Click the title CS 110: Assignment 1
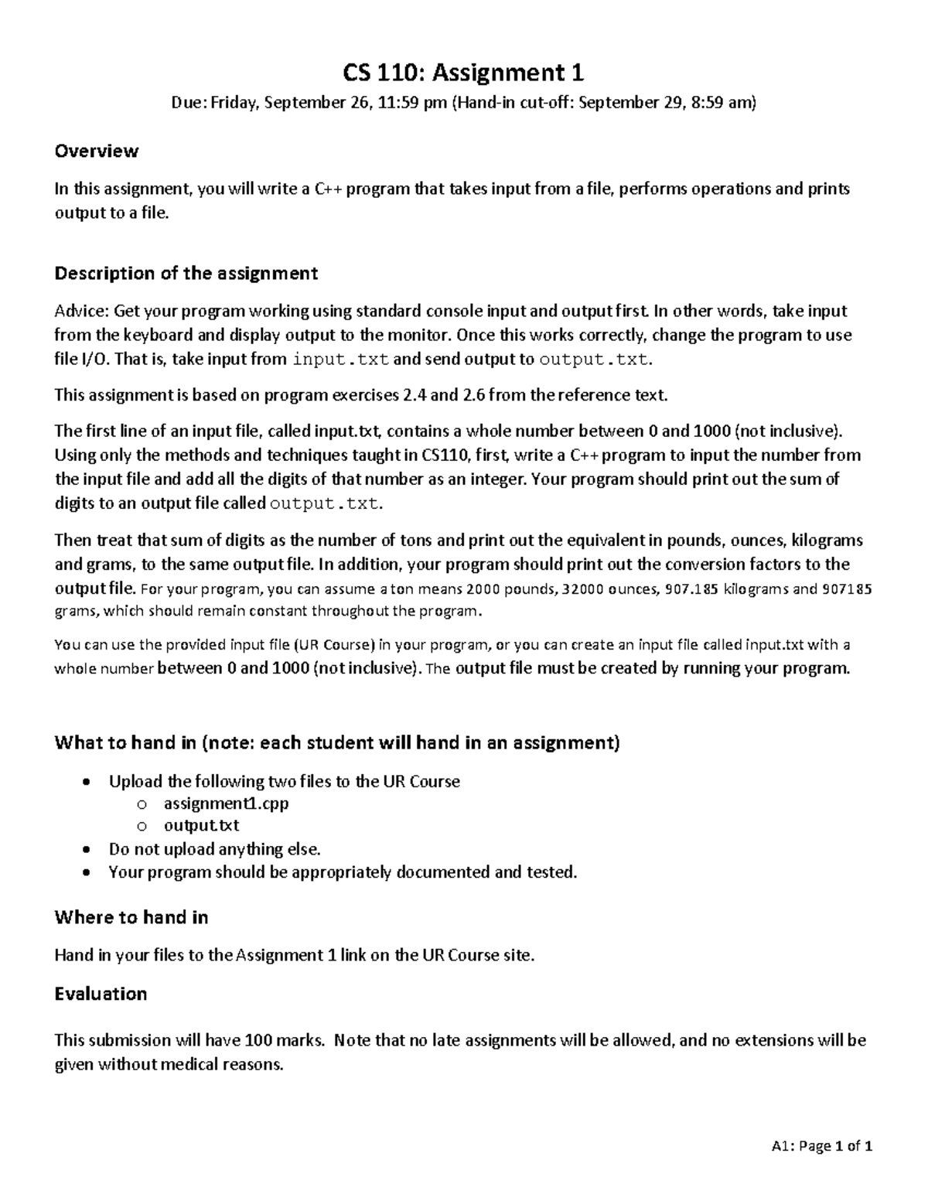[x=463, y=73]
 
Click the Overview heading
[x=96, y=151]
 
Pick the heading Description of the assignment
[x=186, y=273]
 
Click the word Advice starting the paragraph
[x=81, y=312]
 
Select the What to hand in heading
[x=336, y=743]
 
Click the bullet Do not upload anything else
[x=214, y=849]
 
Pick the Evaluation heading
[x=101, y=994]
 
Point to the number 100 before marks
[x=258, y=1041]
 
